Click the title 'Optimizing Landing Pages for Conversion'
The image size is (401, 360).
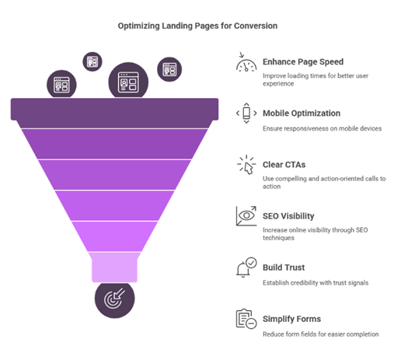coord(197,26)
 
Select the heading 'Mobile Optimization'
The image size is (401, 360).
coord(302,114)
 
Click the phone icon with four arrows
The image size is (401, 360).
coord(246,113)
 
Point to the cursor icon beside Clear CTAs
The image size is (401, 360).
coord(246,165)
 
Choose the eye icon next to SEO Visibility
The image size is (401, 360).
coord(246,216)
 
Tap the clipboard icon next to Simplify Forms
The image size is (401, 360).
coord(246,319)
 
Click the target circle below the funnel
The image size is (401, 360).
coord(114,299)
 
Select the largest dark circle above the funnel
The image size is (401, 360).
coord(128,82)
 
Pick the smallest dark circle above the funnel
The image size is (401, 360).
coord(92,61)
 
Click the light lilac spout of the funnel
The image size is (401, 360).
coord(114,267)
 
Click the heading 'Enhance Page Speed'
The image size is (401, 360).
coord(303,62)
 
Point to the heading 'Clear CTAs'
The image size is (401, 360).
coord(284,165)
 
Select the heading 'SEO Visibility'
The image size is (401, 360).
coord(288,216)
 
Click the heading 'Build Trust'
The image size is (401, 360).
coord(284,267)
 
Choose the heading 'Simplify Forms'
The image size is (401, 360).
coord(291,319)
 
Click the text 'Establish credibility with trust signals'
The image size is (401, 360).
coord(316,283)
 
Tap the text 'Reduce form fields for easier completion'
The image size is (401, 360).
coord(321,334)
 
